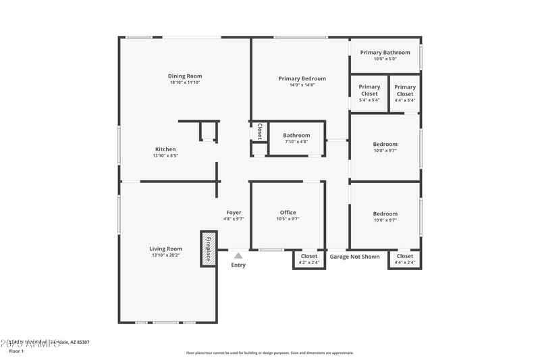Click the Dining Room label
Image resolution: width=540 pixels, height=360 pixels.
(185, 76)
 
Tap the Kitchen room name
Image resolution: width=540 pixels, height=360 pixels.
(165, 149)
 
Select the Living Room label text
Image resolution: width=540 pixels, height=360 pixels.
(166, 249)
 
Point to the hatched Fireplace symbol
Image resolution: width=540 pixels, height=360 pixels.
(209, 249)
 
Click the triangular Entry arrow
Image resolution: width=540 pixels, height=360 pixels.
(238, 255)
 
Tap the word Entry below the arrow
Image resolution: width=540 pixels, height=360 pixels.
(238, 265)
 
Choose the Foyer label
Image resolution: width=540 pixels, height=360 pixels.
(234, 213)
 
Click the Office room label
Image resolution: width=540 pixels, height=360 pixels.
(288, 213)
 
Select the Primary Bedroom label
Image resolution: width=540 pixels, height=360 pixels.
(302, 79)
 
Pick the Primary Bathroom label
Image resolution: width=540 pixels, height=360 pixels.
(385, 53)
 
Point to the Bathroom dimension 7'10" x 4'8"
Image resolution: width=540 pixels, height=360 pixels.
(296, 142)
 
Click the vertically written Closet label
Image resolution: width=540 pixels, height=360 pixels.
(259, 131)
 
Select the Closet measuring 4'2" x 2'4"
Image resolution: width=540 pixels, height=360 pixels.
(309, 259)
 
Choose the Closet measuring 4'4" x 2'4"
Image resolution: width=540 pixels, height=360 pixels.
(405, 259)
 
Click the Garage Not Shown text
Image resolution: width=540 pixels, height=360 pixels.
(354, 257)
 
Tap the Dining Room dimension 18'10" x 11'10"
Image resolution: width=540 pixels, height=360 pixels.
(185, 82)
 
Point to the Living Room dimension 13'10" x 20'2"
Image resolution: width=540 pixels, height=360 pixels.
(166, 255)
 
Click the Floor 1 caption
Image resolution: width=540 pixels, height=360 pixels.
(16, 351)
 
